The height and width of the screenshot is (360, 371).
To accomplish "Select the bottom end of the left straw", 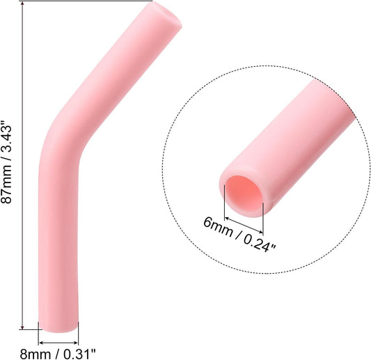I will (58, 325).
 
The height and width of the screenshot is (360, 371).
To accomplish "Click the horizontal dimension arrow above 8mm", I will (58, 341).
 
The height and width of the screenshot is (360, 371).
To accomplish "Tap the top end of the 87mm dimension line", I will (24, 3).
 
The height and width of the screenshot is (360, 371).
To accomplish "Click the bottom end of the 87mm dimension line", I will (24, 327).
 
